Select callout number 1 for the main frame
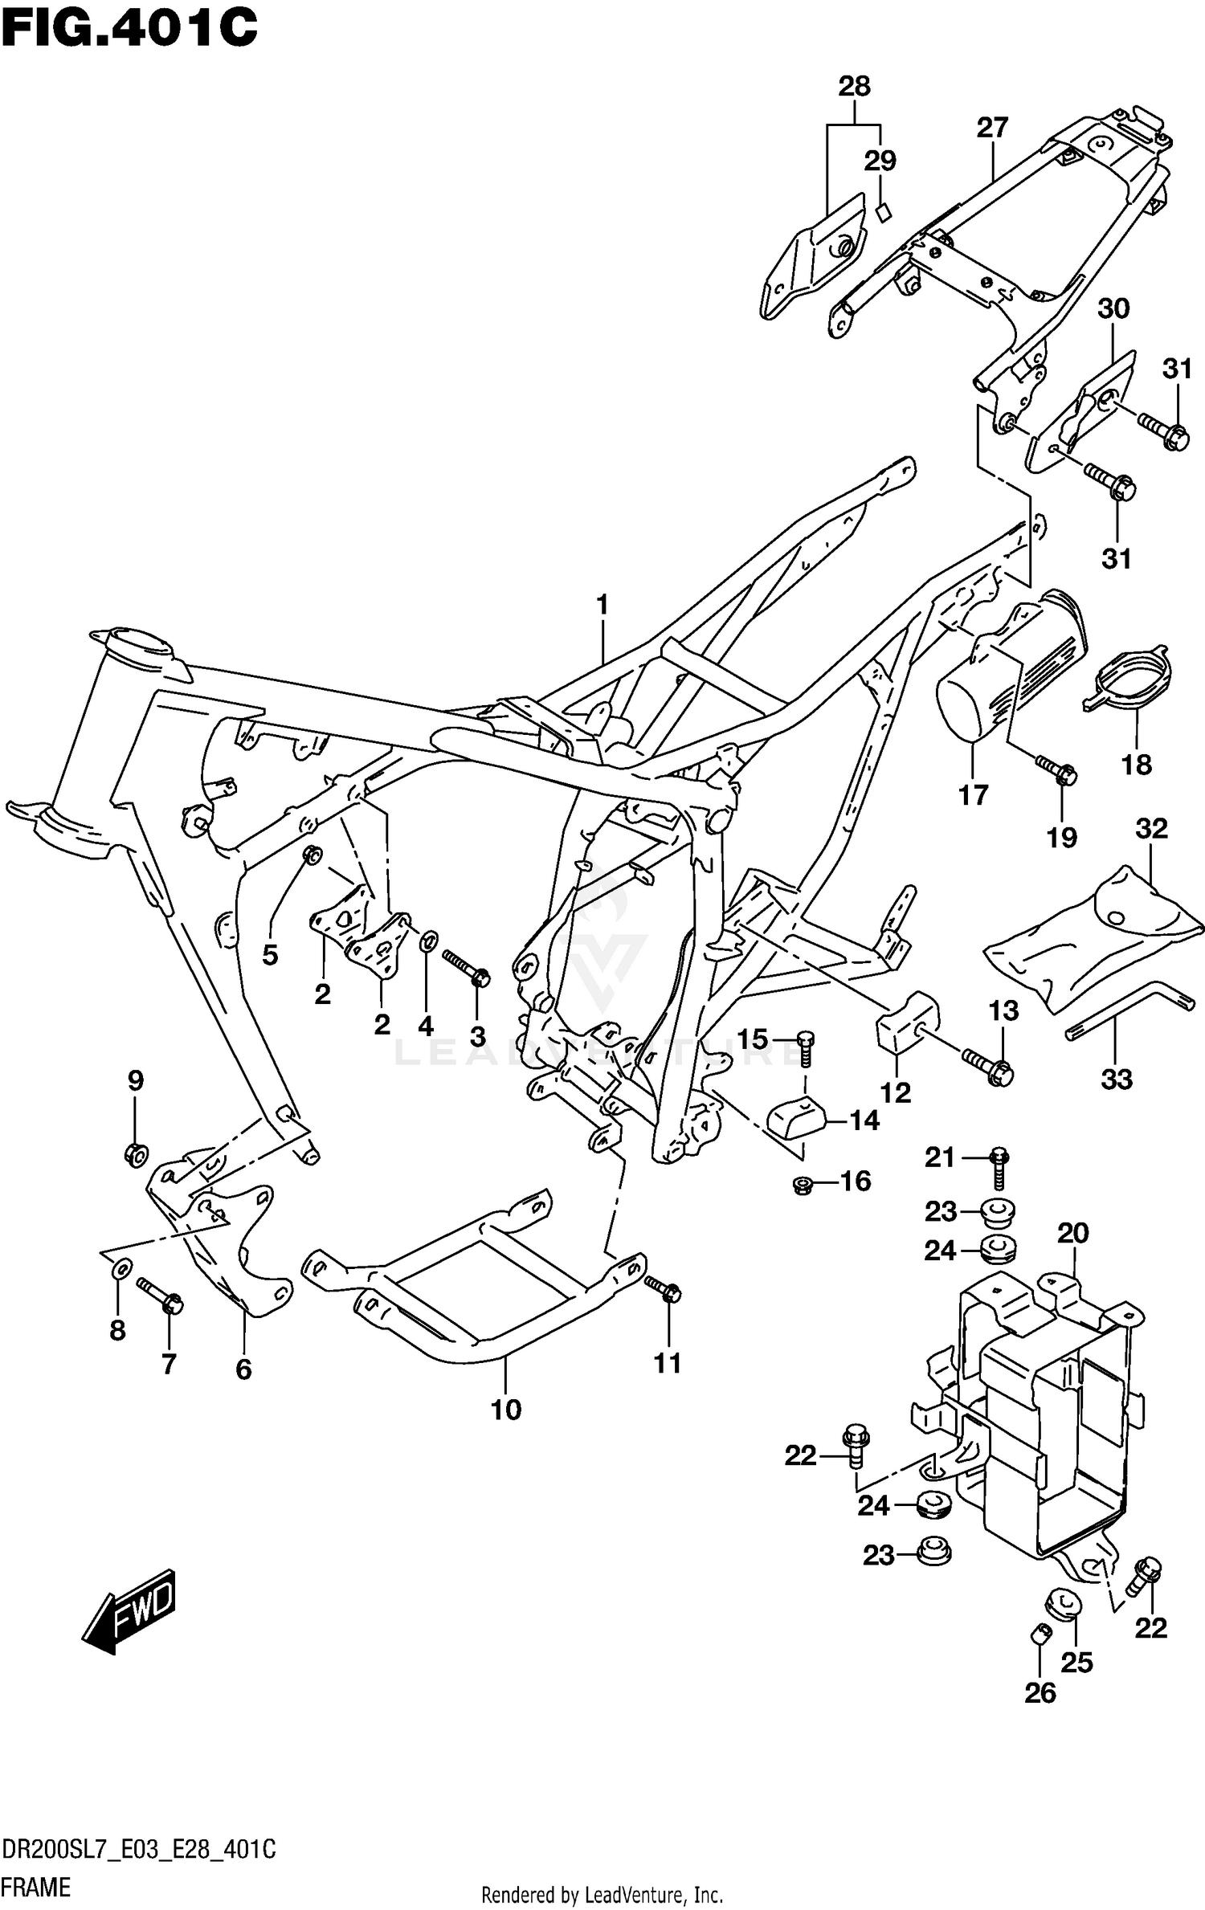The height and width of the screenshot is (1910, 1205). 602,606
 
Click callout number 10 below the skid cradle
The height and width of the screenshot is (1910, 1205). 506,1409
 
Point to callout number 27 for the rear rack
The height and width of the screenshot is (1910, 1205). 992,128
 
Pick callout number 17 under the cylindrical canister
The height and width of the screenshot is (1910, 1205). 973,795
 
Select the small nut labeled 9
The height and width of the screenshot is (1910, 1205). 136,1155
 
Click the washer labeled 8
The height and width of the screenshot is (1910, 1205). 120,1269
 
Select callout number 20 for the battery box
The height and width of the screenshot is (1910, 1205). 1073,1233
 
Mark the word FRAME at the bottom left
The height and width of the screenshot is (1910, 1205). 37,1886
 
